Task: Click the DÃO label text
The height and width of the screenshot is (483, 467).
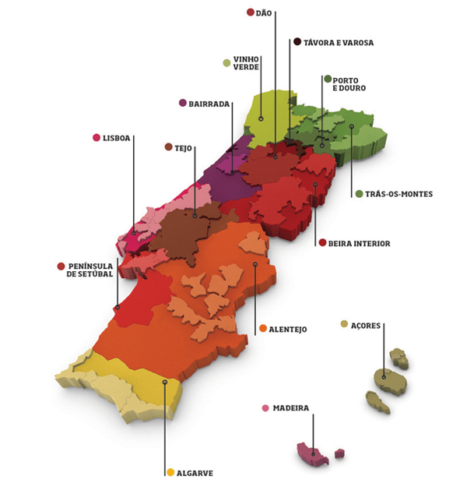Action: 263,12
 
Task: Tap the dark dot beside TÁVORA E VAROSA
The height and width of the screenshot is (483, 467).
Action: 297,42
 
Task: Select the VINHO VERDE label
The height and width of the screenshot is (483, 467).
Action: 246,63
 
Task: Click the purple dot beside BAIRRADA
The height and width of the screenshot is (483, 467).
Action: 183,103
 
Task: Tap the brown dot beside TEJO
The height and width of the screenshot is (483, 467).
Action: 169,146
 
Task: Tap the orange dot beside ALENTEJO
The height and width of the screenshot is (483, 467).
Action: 263,329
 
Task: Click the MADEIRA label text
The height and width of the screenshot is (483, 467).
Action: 292,408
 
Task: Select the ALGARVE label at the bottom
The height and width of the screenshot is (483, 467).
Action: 195,472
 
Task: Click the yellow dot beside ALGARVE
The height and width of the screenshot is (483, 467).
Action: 170,472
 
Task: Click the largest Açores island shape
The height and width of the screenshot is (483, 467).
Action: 388,379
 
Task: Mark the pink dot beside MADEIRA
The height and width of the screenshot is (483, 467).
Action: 266,408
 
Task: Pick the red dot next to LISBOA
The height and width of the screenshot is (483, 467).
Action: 96,138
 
